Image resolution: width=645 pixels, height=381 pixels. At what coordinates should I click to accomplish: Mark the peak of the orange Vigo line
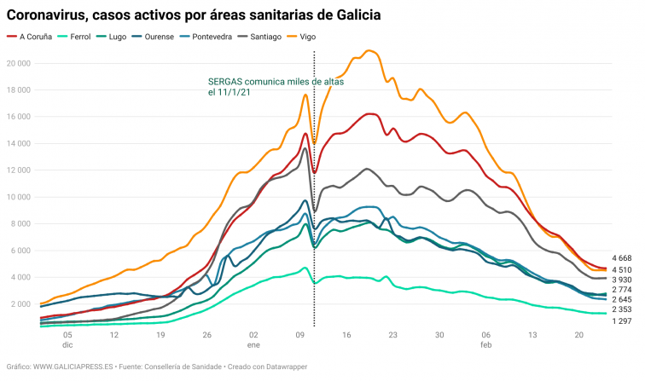(369, 51)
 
